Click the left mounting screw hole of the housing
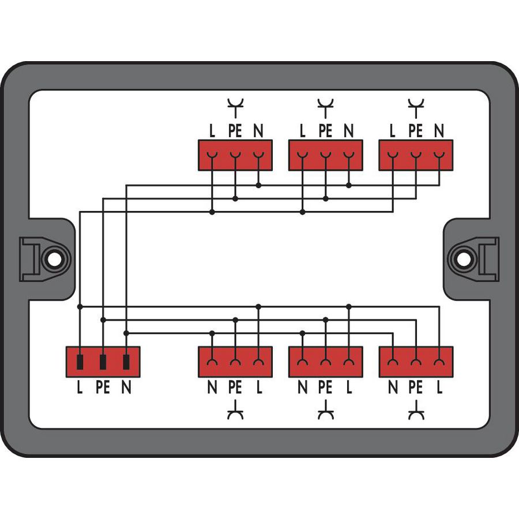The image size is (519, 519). pos(54,259)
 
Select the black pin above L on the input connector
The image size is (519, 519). pos(80,362)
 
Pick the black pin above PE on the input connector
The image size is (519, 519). pos(103,362)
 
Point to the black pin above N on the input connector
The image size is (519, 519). pos(126,362)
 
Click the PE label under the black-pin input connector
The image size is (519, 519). pos(103,389)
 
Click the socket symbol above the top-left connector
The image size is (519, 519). pos(235,105)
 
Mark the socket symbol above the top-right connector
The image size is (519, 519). pos(415,105)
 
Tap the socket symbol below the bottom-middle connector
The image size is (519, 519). pos(325,413)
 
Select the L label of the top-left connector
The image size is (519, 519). pos(212,131)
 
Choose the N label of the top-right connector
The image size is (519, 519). pos(439,131)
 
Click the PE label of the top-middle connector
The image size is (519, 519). pos(325,131)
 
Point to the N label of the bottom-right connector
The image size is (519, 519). pos(393,389)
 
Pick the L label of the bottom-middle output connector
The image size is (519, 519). pos(349,389)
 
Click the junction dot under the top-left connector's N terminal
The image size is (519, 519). pos(258,185)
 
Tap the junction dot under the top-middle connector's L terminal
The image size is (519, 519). pos(302,212)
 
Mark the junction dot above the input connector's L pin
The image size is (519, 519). pos(80,307)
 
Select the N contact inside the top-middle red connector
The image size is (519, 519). pos(349,155)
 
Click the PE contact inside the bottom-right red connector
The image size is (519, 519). pos(415,362)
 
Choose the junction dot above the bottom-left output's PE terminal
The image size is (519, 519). pos(235,319)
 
